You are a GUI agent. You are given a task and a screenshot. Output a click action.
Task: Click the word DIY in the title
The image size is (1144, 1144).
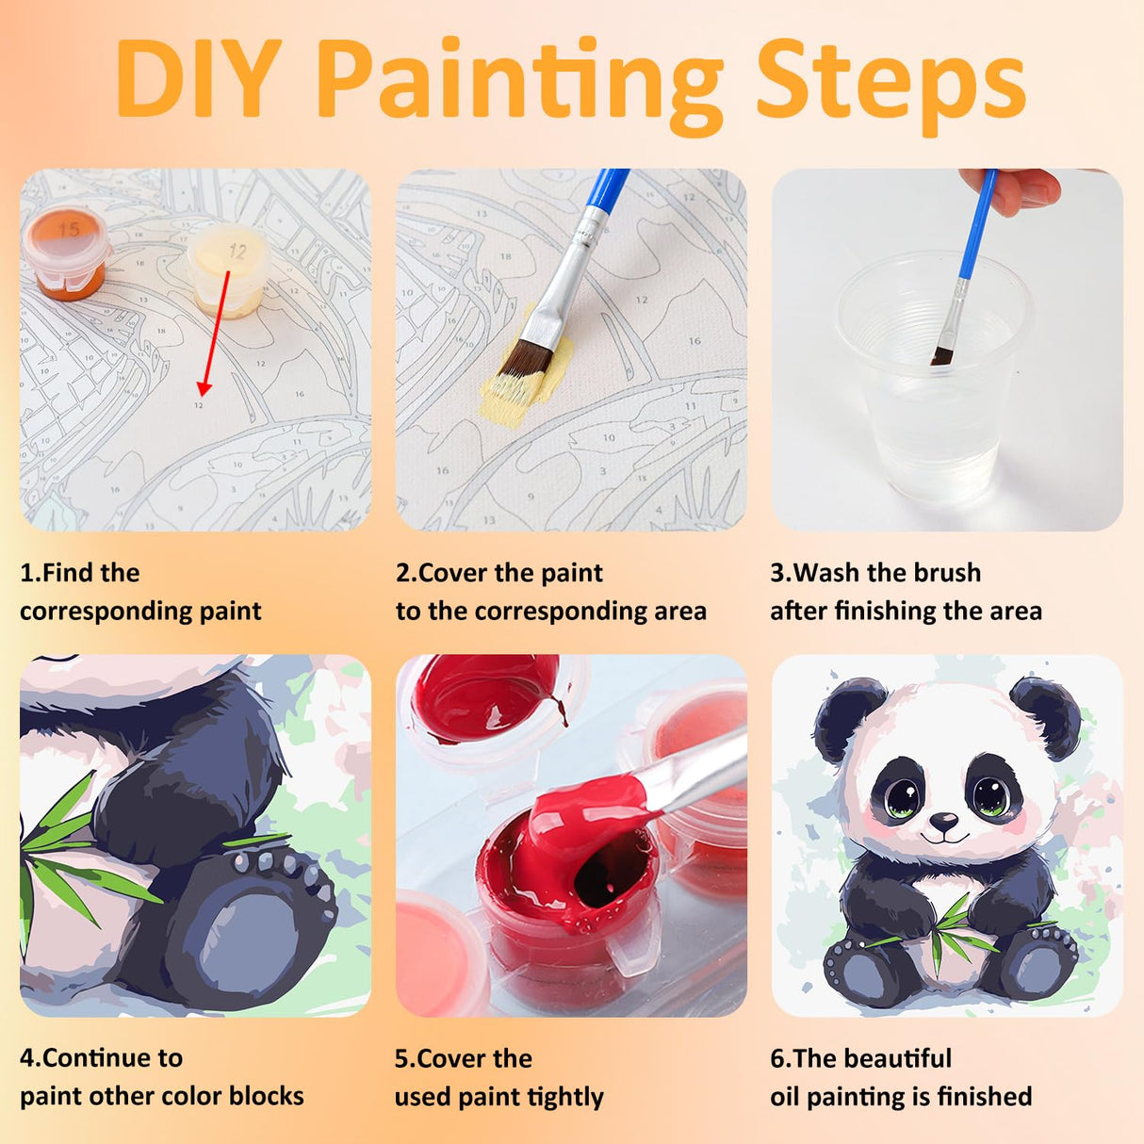coord(199,79)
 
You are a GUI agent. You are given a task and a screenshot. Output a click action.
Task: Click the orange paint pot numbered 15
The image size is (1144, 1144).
coord(65,253)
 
